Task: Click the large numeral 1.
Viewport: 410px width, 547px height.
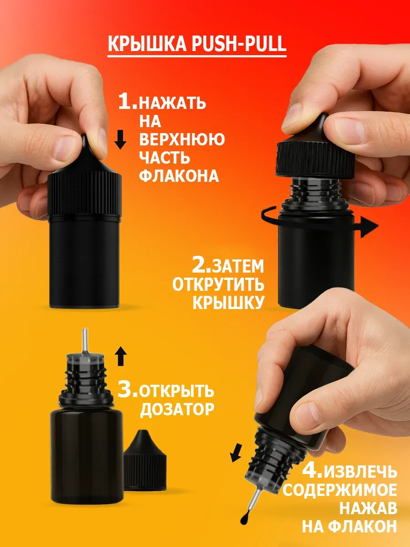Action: pyautogui.click(x=128, y=102)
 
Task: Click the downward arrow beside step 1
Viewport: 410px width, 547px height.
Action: pyautogui.click(x=120, y=139)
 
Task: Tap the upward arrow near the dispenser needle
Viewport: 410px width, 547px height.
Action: pyautogui.click(x=121, y=356)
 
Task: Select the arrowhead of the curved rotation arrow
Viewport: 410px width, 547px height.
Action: pyautogui.click(x=369, y=227)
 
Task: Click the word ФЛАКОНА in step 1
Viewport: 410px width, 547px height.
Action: pyautogui.click(x=179, y=176)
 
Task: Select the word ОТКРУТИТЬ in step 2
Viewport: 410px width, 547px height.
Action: pyautogui.click(x=218, y=284)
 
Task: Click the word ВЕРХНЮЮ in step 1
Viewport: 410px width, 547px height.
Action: pyautogui.click(x=182, y=139)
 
